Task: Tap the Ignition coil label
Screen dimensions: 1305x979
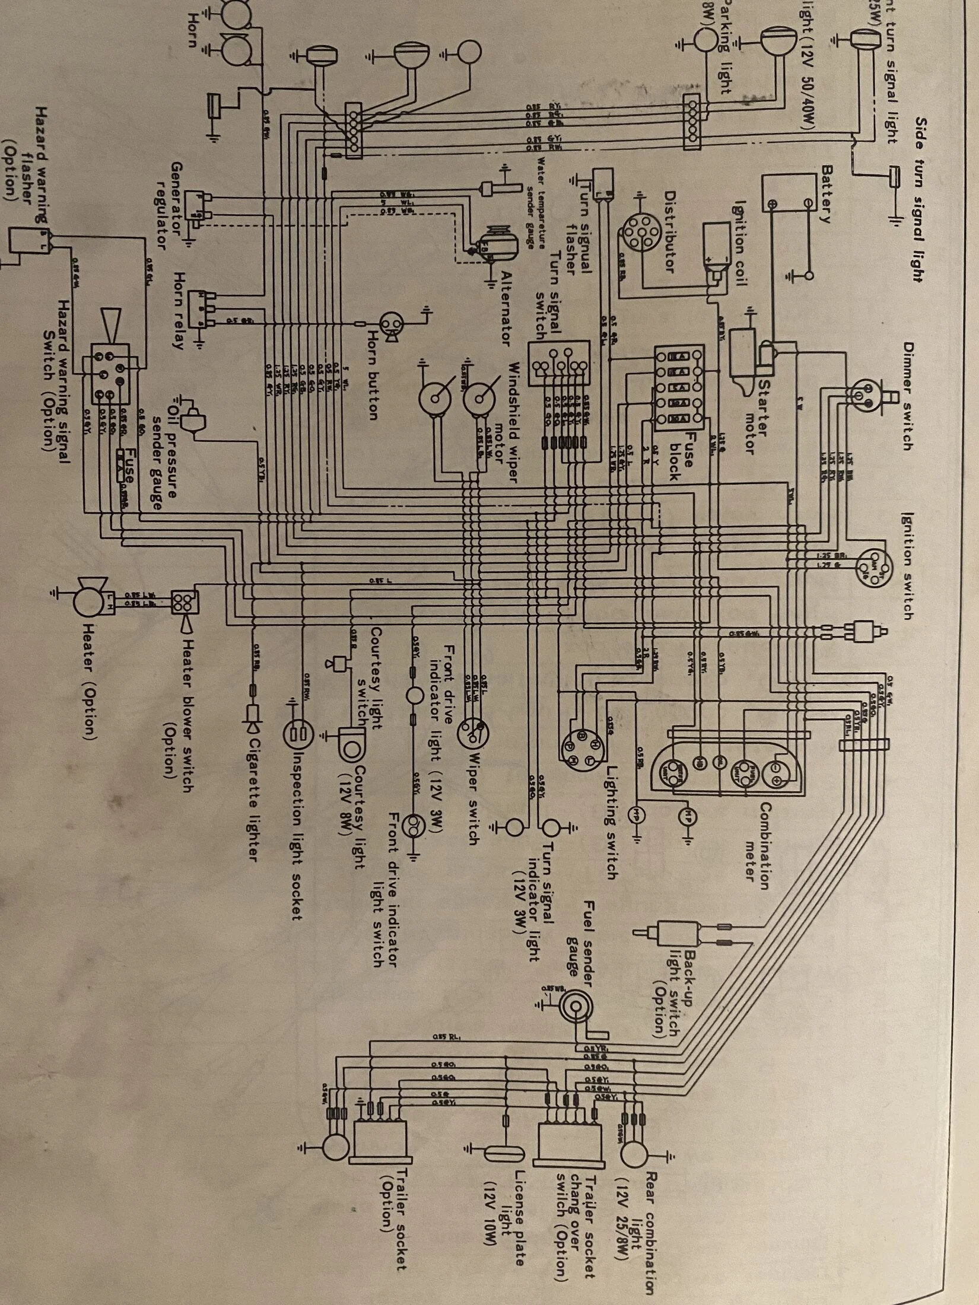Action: point(740,243)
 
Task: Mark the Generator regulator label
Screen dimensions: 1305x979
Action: point(168,205)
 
